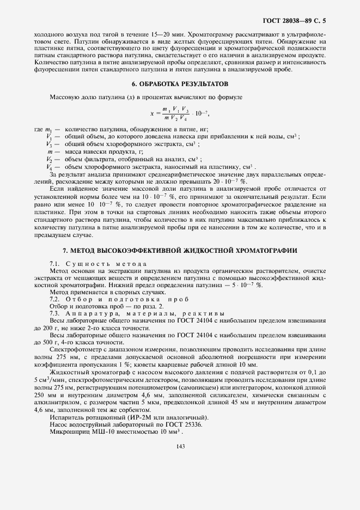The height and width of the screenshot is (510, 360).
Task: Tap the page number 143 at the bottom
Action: click(x=180, y=447)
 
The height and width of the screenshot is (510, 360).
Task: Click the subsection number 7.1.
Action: click(x=56, y=264)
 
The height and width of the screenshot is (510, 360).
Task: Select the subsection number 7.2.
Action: click(x=56, y=300)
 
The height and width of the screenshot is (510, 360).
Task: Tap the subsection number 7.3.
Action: click(x=56, y=314)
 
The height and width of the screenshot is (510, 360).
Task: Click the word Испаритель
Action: click(x=65, y=417)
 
